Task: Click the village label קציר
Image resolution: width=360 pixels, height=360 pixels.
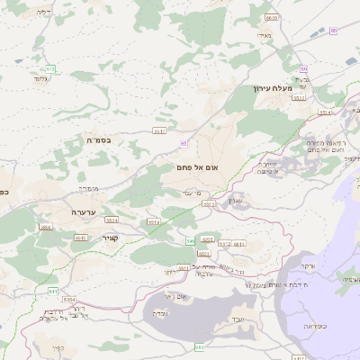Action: (x=110, y=238)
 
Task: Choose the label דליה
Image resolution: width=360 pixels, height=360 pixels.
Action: (x=41, y=13)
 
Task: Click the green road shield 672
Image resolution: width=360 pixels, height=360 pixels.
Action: (x=50, y=68)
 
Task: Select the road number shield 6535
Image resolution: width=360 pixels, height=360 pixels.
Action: (x=272, y=18)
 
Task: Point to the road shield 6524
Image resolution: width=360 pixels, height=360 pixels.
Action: (x=112, y=220)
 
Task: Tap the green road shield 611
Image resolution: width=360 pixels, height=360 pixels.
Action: (x=53, y=292)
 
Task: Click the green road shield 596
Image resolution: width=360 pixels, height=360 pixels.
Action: (x=191, y=241)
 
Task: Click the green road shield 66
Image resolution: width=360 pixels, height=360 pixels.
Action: (x=304, y=69)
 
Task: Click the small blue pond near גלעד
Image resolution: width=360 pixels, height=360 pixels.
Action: (x=18, y=60)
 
